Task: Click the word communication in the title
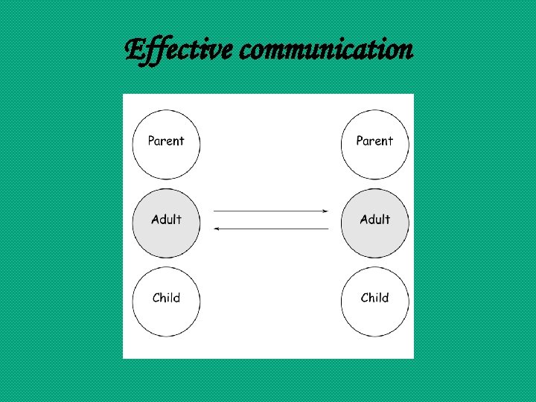click(328, 50)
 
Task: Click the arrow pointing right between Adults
click(271, 211)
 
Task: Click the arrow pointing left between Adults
click(271, 229)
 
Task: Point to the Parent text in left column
click(166, 141)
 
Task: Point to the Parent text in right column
click(374, 141)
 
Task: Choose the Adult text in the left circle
click(166, 219)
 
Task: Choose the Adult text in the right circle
click(374, 219)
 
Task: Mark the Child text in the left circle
click(166, 298)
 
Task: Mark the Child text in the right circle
click(374, 298)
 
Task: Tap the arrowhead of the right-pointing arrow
click(325, 211)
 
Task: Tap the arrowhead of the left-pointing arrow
click(217, 229)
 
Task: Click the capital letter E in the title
click(134, 50)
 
